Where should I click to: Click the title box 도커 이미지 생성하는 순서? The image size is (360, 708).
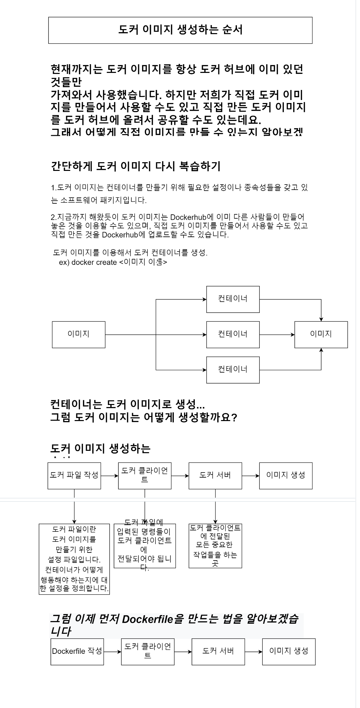click(x=180, y=30)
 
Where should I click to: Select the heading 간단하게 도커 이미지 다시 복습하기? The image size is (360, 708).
click(x=136, y=166)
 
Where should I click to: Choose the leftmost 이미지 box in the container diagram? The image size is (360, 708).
click(x=79, y=334)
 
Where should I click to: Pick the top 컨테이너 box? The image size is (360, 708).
click(x=233, y=299)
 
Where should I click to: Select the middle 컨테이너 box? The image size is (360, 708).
click(x=233, y=334)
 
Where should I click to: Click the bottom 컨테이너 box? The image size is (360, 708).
click(x=233, y=370)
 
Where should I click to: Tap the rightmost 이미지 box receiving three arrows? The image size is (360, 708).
click(x=321, y=334)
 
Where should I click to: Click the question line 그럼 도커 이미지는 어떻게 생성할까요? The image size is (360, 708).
click(x=144, y=417)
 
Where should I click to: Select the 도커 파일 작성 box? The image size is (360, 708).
click(x=74, y=476)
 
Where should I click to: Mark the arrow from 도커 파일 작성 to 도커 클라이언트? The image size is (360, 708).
click(x=110, y=476)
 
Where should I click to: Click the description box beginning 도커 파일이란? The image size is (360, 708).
click(x=74, y=559)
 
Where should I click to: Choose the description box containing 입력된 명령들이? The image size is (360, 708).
click(x=145, y=546)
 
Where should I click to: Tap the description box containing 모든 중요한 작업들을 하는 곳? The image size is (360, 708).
click(x=215, y=546)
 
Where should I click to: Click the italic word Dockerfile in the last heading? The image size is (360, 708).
click(x=147, y=619)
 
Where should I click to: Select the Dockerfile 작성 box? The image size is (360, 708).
click(x=77, y=651)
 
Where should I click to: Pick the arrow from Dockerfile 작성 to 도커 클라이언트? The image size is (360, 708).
click(x=113, y=651)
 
